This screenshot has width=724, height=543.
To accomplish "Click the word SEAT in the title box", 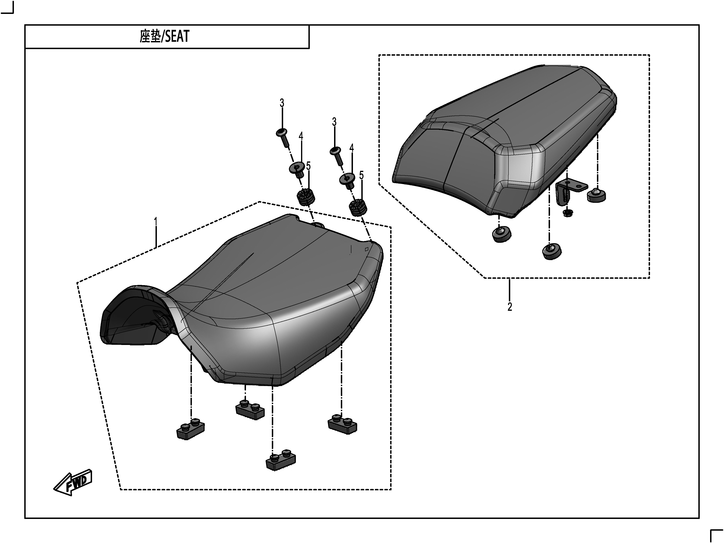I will coord(177,36).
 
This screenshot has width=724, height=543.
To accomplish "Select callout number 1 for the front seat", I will coord(156,222).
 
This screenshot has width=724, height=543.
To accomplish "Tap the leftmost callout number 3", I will coord(282,103).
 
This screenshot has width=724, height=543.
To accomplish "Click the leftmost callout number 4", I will coord(301,136).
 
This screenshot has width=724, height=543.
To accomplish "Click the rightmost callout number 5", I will coord(361,175).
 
